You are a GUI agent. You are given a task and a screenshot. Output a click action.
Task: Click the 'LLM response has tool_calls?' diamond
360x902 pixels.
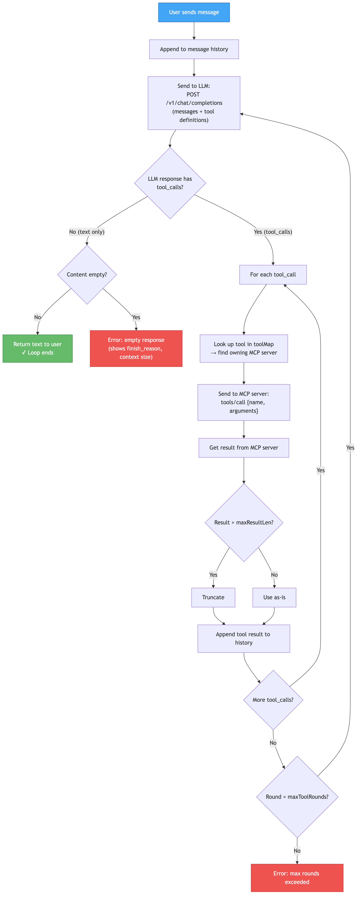(x=170, y=183)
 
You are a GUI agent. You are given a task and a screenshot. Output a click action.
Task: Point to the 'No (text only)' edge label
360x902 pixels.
(x=87, y=232)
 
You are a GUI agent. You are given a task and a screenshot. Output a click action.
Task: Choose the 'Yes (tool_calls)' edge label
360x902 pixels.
(x=273, y=232)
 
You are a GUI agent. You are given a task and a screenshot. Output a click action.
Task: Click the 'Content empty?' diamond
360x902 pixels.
(x=87, y=275)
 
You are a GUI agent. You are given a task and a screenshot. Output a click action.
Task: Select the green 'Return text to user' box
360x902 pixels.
(x=37, y=348)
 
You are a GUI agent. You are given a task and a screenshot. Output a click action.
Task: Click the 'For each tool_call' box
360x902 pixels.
(x=273, y=275)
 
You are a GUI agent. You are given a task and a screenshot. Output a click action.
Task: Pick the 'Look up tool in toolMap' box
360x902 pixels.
(x=244, y=348)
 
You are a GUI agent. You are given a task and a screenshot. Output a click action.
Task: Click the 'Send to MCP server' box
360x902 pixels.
(x=244, y=402)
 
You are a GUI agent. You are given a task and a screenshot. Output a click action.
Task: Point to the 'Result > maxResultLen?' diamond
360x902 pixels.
(x=244, y=522)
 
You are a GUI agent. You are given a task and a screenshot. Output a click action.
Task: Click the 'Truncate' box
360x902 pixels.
(x=213, y=597)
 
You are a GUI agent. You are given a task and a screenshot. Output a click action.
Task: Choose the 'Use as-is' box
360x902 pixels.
(x=274, y=597)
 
